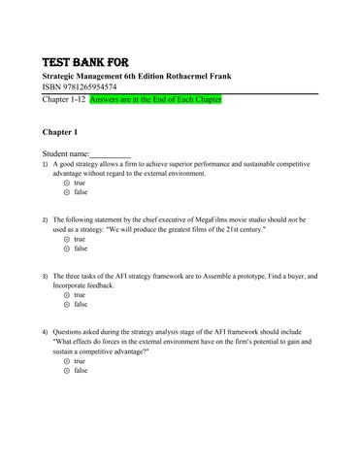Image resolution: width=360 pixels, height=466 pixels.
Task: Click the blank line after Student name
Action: pyautogui.click(x=111, y=153)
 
